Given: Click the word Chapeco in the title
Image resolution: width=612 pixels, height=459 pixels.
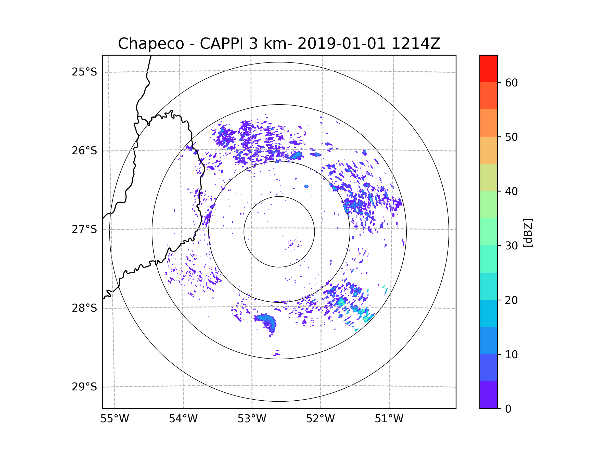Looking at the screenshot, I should [x=151, y=44].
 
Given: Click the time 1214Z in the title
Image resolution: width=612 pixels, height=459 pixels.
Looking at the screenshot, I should [x=416, y=44].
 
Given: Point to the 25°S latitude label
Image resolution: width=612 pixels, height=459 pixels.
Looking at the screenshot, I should [x=84, y=72].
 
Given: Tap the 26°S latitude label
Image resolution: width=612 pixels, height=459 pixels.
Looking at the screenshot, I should [x=84, y=151].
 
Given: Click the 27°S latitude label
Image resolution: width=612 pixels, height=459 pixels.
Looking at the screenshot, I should [x=84, y=229].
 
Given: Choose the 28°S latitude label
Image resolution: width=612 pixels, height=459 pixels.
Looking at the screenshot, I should [x=84, y=308].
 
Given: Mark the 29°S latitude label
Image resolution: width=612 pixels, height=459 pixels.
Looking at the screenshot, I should [x=84, y=387].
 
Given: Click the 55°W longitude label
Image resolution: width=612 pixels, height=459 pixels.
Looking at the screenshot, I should [x=114, y=419].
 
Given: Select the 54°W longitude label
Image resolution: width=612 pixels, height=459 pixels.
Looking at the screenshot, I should [x=183, y=419].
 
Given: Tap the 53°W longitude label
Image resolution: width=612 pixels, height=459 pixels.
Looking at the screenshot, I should [x=252, y=419].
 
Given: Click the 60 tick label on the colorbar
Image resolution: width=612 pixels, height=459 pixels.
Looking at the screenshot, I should [x=511, y=83].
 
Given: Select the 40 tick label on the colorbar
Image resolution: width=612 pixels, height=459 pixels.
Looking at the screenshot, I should [x=511, y=192].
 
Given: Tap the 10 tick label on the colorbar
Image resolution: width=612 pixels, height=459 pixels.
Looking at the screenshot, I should [x=511, y=354].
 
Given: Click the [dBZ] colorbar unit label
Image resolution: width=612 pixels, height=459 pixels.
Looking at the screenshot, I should [x=528, y=233].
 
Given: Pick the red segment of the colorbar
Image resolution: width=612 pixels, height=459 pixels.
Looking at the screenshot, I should [x=488, y=69].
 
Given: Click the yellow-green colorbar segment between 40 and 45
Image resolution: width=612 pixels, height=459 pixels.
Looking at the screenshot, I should [x=488, y=177].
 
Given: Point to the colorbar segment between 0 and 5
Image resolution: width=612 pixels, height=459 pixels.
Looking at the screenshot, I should [x=488, y=395].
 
